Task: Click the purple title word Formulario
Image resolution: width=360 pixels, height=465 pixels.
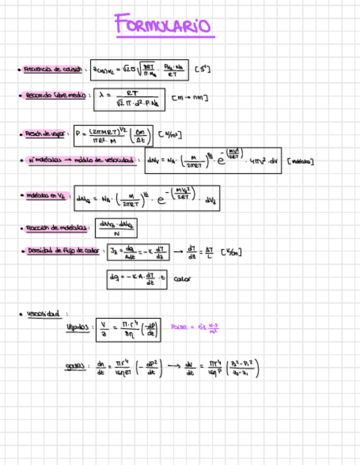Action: pyautogui.click(x=163, y=25)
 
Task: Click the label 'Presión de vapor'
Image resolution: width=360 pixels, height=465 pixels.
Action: pyautogui.click(x=44, y=133)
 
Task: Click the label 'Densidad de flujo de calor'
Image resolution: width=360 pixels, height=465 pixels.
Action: pyautogui.click(x=63, y=251)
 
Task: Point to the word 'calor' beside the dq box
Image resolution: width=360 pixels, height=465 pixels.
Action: pyautogui.click(x=182, y=279)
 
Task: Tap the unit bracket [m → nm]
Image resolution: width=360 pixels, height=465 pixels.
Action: pyautogui.click(x=189, y=98)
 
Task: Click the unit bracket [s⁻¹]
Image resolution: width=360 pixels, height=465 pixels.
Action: pyautogui.click(x=203, y=70)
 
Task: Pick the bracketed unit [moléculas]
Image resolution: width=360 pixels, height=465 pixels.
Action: pyautogui.click(x=300, y=162)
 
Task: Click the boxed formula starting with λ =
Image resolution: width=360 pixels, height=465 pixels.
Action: pyautogui.click(x=129, y=99)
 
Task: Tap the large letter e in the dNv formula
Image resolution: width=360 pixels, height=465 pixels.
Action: pyautogui.click(x=215, y=162)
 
